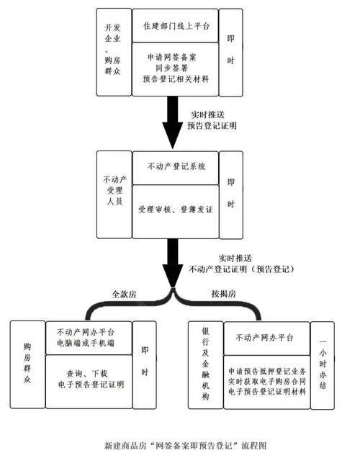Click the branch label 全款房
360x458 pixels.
(x=125, y=294)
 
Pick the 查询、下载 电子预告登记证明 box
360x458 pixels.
(x=89, y=379)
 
